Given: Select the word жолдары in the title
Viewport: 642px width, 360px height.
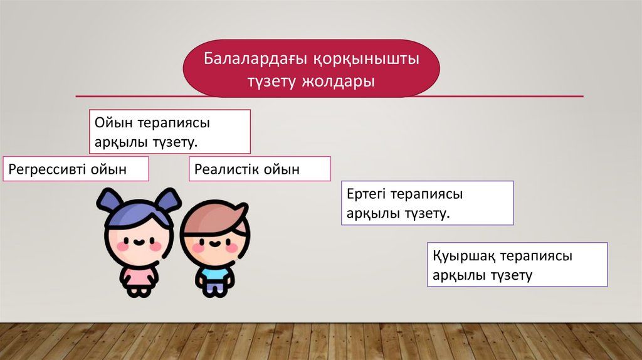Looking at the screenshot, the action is coord(338,82).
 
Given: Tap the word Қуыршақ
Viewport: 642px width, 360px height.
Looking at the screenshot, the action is coord(464,257).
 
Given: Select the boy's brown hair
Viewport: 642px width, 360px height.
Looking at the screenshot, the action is coord(214,218).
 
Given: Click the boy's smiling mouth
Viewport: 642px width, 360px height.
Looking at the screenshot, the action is coord(214,245).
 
